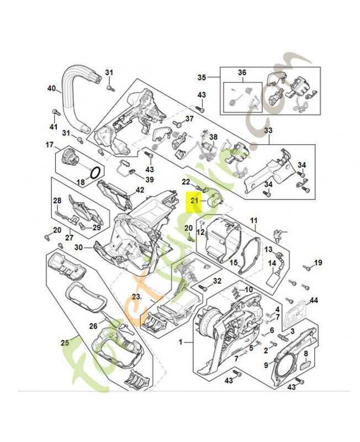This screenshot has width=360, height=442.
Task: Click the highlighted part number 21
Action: click(x=194, y=201)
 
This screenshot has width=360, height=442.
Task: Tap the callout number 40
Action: click(x=52, y=88)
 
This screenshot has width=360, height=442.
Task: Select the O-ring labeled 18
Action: click(x=94, y=172)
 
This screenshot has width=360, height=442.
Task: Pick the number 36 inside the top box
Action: click(x=242, y=73)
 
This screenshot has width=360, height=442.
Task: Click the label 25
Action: click(x=65, y=343)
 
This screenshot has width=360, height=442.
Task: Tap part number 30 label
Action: click(x=78, y=247)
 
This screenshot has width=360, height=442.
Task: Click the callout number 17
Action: click(x=49, y=145)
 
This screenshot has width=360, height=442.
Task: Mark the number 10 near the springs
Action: click(x=248, y=290)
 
